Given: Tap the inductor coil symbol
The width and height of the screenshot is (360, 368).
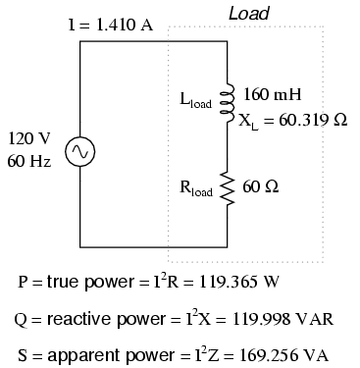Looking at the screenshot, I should point(228,101).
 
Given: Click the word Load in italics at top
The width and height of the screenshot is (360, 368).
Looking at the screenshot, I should point(249,14).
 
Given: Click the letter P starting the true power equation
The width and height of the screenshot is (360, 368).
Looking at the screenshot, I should point(24,282).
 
